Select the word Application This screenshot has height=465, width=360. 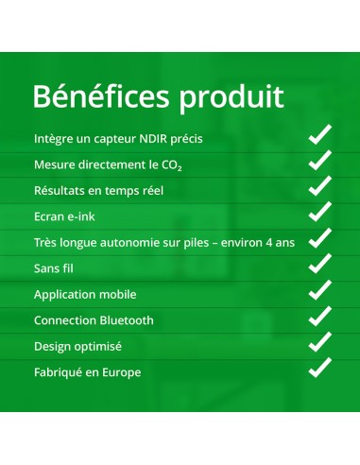click(x=68, y=295)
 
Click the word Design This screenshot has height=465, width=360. click(x=53, y=346)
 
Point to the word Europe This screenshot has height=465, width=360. click(x=121, y=372)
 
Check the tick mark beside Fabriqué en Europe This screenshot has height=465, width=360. click(x=320, y=367)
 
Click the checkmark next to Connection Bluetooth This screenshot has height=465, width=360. click(x=320, y=315)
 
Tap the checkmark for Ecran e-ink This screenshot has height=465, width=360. click(x=320, y=212)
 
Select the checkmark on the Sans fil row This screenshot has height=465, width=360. click(x=320, y=264)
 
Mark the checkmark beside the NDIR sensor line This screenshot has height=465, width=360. click(x=320, y=134)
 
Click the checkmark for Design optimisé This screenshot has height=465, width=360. click(x=320, y=341)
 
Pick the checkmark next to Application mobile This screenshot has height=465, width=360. click(x=320, y=289)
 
